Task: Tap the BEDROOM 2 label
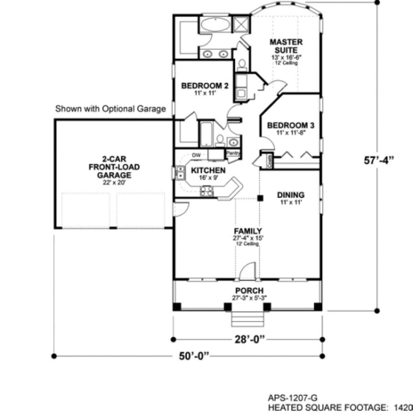[204, 86]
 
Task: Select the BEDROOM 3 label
[290, 125]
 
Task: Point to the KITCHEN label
[208, 170]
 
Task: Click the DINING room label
[291, 195]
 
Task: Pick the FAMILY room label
[248, 231]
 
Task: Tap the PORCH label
[249, 291]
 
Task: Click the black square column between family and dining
[261, 198]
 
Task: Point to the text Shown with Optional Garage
[110, 109]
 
